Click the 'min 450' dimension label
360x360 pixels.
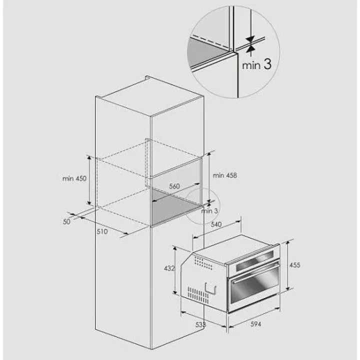point(74,178)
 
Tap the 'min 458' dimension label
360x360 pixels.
point(225,175)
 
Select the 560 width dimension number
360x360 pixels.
point(174,186)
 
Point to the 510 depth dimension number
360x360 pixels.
point(102,231)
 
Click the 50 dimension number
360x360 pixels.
point(66,222)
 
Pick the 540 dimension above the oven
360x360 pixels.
point(216,224)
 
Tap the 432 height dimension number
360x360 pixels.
point(169,268)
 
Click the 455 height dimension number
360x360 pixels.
point(294,265)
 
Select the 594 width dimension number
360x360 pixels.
point(256,324)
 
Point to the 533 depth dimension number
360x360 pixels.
point(200,324)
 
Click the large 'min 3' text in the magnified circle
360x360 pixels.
point(256,64)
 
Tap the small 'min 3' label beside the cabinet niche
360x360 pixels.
point(209,211)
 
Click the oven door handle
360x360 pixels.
point(255,273)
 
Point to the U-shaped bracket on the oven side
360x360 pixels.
point(210,288)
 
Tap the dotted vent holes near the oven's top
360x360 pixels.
point(203,263)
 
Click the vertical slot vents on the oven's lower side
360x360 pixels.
point(198,295)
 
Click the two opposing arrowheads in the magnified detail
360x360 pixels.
point(250,44)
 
